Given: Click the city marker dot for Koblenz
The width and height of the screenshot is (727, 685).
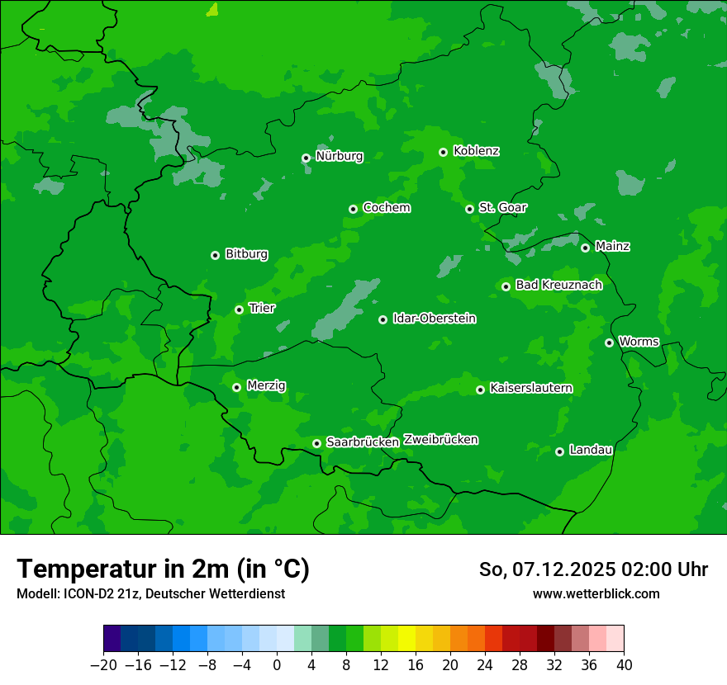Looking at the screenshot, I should (x=443, y=152).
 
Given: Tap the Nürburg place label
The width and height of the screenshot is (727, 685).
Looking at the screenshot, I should (x=339, y=156).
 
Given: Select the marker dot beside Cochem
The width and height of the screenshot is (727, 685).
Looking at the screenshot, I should (x=353, y=209).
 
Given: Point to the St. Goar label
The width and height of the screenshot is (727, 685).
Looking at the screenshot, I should (x=502, y=207).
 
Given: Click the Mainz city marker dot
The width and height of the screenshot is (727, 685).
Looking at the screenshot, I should (x=585, y=248).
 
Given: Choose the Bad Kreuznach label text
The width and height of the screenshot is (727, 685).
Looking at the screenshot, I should (x=558, y=285).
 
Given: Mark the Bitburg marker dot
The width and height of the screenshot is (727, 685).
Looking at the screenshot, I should (x=215, y=255).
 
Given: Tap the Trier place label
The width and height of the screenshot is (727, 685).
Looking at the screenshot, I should (x=262, y=308).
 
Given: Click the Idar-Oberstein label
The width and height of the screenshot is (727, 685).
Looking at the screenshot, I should (x=434, y=319).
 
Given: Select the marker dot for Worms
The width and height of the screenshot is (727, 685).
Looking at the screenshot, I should (x=609, y=342).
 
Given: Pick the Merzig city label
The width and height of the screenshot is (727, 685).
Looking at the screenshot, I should (x=266, y=385).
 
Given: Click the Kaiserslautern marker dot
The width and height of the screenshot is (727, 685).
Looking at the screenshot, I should (x=480, y=390).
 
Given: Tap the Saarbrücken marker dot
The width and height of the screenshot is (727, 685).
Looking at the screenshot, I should (x=316, y=443).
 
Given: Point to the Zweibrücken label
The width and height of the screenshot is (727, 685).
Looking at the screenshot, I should (x=440, y=440).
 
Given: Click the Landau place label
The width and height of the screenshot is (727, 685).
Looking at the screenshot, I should (x=591, y=450).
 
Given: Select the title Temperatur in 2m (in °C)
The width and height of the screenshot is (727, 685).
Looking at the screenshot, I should (x=163, y=569).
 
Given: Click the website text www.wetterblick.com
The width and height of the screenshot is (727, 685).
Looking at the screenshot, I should (x=596, y=594).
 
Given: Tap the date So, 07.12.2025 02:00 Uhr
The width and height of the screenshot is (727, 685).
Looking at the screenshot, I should (x=593, y=569).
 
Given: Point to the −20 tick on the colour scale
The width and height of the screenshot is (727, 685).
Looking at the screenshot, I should (x=103, y=665).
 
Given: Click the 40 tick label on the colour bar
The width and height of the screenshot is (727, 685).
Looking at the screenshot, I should (x=624, y=665).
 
